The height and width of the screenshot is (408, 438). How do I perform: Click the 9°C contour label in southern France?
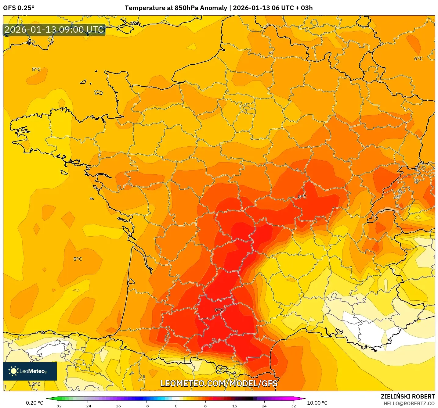click(219, 310)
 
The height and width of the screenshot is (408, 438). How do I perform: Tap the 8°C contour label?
click(302, 197)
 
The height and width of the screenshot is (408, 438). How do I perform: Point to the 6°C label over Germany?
click(418, 59)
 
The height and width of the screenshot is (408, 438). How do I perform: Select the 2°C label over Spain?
click(36, 384)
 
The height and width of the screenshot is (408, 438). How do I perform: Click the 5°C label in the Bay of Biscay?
click(78, 259)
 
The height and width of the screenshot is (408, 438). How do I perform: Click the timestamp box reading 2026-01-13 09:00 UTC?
click(54, 30)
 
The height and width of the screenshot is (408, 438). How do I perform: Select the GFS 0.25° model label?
click(19, 8)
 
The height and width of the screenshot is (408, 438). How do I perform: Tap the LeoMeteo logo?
click(30, 371)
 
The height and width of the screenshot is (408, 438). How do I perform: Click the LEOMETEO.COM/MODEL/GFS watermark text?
click(219, 383)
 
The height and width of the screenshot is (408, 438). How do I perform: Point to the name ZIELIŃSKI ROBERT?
click(407, 396)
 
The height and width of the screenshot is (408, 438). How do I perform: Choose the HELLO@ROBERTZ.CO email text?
click(409, 403)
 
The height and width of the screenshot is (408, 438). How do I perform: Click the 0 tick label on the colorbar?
click(176, 406)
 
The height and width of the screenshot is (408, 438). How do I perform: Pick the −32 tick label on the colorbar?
click(58, 406)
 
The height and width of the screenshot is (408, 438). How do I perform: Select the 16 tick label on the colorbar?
click(234, 406)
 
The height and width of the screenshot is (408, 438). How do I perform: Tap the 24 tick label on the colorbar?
click(264, 406)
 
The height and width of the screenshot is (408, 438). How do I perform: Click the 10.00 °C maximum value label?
click(317, 403)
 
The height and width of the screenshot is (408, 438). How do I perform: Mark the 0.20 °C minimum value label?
click(34, 403)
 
